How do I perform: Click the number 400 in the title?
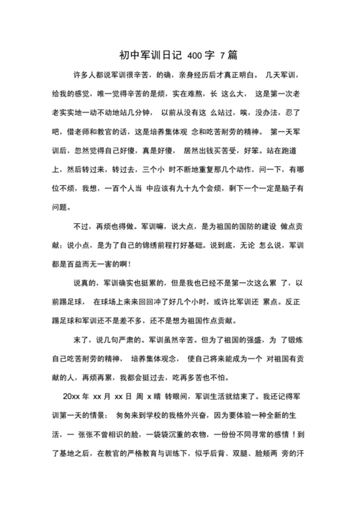point(195,55)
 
